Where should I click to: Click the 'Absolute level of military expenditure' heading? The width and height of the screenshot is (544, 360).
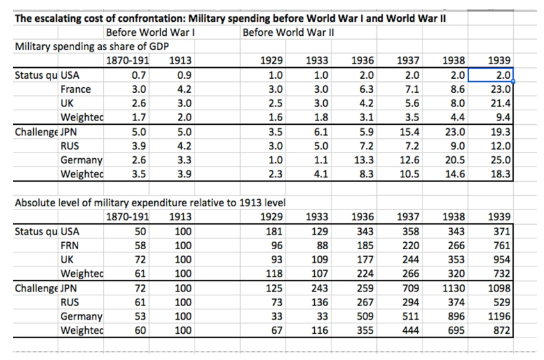pyautogui.click(x=149, y=203)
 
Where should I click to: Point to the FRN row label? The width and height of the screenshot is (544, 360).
pyautogui.click(x=70, y=245)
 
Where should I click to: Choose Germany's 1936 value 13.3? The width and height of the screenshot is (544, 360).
pyautogui.click(x=365, y=160)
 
